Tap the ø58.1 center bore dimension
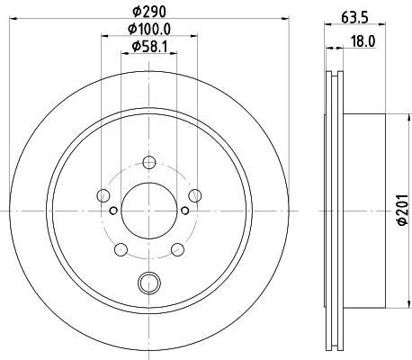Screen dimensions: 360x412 point(148,46)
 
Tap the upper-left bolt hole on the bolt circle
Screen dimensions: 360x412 point(103,195)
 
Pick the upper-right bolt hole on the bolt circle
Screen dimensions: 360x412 point(194,195)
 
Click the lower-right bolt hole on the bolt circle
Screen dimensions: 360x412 point(176,249)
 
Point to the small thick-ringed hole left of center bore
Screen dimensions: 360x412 point(112,211)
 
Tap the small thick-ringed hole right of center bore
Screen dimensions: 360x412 point(184,211)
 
